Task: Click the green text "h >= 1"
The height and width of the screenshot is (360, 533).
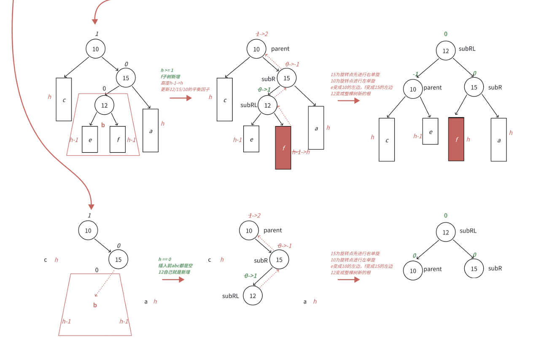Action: (x=167, y=70)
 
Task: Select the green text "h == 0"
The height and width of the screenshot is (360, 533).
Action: (x=164, y=259)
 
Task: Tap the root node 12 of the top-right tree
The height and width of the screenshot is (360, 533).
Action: (x=446, y=51)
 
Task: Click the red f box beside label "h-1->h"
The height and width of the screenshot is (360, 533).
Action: (x=283, y=148)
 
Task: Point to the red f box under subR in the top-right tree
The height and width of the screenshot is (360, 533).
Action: (x=456, y=139)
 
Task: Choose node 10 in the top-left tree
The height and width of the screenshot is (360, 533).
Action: (x=96, y=49)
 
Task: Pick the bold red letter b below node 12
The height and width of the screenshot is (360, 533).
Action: (x=103, y=125)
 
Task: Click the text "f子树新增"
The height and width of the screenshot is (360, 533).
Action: (x=170, y=77)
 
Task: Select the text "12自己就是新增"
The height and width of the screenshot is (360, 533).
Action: (x=174, y=272)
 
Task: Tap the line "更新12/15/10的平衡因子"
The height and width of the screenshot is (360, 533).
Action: (x=185, y=89)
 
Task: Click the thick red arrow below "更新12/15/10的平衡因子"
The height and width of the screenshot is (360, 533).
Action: (x=180, y=98)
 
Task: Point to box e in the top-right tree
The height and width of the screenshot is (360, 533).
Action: (x=430, y=131)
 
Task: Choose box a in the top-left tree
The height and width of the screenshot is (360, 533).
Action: (x=151, y=131)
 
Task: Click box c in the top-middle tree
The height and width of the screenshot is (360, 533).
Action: (x=225, y=99)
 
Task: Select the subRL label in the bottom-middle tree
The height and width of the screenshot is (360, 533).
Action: (x=231, y=296)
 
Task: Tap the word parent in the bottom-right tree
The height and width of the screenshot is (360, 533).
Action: (x=433, y=269)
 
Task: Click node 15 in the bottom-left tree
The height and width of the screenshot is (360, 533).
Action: (x=118, y=259)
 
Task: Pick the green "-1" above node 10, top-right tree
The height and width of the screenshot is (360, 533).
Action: (x=415, y=74)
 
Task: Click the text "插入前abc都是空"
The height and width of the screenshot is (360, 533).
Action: (x=175, y=266)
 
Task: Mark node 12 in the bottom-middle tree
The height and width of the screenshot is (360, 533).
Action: (x=253, y=296)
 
